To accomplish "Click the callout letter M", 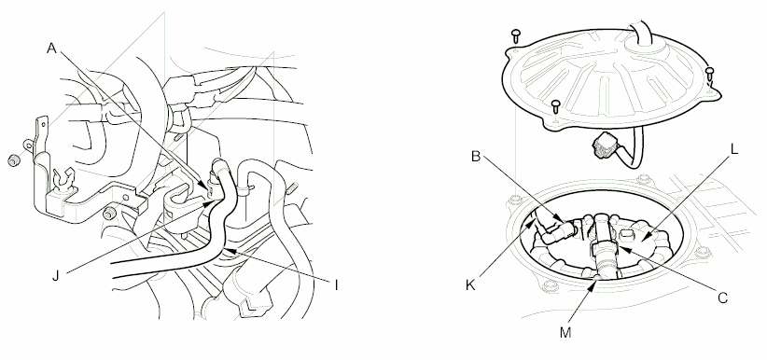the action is pos(565,330).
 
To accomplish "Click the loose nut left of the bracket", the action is pos(13,159).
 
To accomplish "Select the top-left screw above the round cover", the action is pos(515,35).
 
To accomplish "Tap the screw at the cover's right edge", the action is pos(710,72).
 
